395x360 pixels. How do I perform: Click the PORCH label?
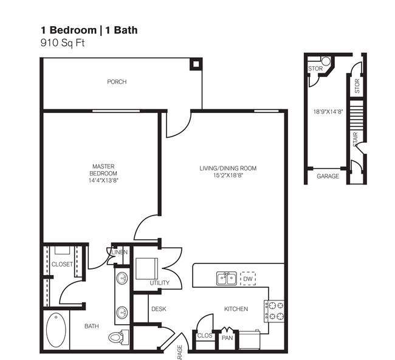(117, 82)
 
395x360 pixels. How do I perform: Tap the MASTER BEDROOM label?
(103, 171)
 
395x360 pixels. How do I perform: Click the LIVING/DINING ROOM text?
(228, 168)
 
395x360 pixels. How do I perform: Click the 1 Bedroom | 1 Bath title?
(93, 30)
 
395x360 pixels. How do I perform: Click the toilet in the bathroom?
(117, 336)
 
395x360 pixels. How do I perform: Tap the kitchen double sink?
(227, 279)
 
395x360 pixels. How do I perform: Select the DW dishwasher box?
(248, 279)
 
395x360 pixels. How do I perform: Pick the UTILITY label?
(159, 283)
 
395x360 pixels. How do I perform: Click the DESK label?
(159, 309)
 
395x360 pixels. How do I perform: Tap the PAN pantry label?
(227, 338)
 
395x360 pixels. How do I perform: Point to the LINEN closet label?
(118, 252)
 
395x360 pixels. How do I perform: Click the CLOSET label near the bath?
(62, 264)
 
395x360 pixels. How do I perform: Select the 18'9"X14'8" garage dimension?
(328, 112)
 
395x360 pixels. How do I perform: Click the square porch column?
(195, 63)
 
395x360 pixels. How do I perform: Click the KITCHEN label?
(236, 309)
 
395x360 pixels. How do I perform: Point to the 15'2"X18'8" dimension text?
(228, 175)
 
